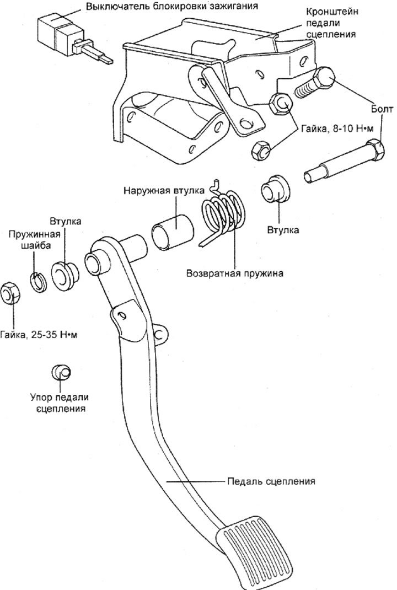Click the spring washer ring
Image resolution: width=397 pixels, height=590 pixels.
(x=38, y=282)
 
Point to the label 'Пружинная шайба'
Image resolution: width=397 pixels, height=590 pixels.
(x=31, y=240)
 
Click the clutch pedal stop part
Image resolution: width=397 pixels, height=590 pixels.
(x=61, y=372)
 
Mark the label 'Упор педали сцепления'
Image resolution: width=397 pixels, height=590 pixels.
(x=60, y=403)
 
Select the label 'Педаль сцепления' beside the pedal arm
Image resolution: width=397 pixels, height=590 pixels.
(x=271, y=481)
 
